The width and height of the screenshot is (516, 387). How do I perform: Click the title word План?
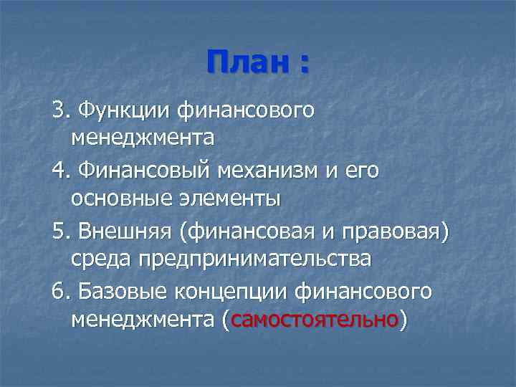tap(245, 62)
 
